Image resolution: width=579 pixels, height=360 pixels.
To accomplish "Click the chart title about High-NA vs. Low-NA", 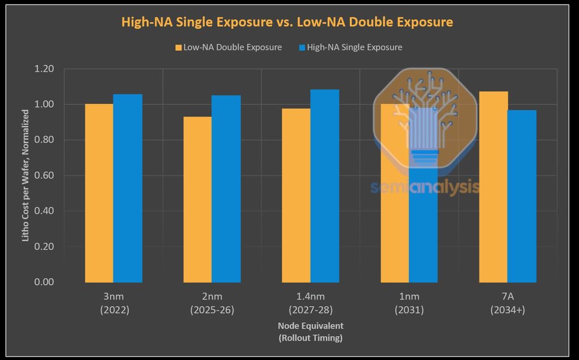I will pos(287,22).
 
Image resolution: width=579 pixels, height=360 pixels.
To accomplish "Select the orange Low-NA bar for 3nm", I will pos(99,192).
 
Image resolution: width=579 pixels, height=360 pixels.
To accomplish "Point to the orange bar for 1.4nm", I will pos(296,195).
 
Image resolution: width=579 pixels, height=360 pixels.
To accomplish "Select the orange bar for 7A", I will pos(493,186).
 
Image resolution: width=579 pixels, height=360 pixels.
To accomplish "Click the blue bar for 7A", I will pos(522,196).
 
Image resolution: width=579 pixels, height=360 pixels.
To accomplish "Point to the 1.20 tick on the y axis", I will pos(44,69).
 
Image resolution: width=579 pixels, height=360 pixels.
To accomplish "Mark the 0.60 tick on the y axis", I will pos(44,175).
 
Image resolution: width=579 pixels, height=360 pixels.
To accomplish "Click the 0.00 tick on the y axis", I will pos(44,281).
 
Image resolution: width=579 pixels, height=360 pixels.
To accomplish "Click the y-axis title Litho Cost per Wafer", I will pos(25,175).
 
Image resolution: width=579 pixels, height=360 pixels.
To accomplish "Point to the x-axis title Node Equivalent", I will pos(310,332).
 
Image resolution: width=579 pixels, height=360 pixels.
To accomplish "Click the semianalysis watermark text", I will pos(424,187).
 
